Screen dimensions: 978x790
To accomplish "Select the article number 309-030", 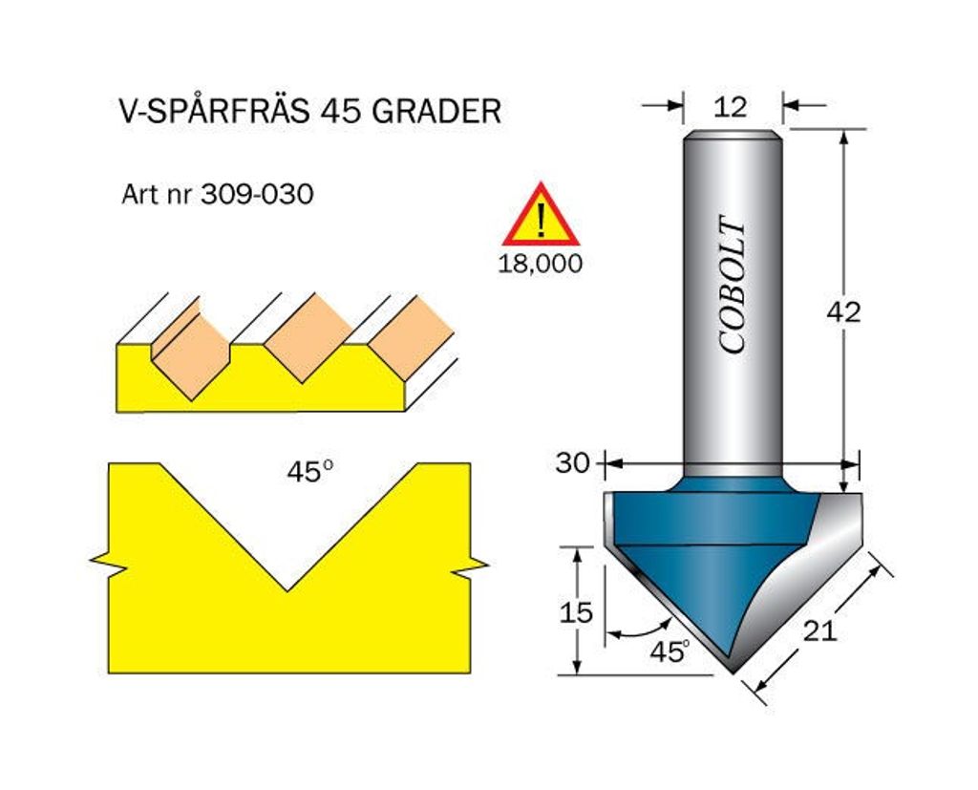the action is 257,194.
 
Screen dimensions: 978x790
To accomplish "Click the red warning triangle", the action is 541,214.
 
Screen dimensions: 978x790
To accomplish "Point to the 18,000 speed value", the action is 541,264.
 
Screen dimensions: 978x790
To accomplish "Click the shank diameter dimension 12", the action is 731,107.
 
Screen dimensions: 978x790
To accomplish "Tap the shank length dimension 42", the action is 843,312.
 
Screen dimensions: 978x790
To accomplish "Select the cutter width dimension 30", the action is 573,463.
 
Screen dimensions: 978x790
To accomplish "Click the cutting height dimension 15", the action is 576,612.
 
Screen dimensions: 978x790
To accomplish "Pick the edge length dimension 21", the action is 819,631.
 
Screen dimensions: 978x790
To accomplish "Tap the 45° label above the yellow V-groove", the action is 310,472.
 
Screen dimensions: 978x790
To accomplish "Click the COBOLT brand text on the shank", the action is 732,285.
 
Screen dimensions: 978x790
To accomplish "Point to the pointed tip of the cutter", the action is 733,673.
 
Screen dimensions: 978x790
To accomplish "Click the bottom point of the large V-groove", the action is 287,590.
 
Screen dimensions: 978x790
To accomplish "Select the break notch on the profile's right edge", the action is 469,566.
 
